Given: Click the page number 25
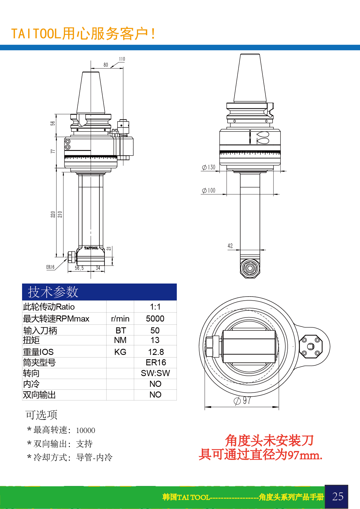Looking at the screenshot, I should [x=338, y=497].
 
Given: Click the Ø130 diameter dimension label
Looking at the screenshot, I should [x=209, y=167].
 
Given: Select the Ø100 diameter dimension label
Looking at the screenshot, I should [x=209, y=190].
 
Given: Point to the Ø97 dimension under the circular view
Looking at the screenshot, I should [x=242, y=401].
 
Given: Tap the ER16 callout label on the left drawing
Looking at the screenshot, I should [x=50, y=267].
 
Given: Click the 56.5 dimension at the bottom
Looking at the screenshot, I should [x=79, y=268].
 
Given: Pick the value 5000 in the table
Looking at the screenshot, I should [x=155, y=319].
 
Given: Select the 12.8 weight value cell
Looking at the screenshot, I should [x=156, y=352].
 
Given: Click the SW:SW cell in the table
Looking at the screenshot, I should [x=155, y=373].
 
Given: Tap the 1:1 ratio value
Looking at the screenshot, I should [x=155, y=307].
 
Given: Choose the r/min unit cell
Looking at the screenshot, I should [x=120, y=319].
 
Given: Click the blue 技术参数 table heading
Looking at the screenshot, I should [x=53, y=292].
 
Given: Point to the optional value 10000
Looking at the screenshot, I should [x=86, y=430].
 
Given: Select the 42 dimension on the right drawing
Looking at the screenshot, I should [x=230, y=246].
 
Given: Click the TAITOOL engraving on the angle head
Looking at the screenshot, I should [x=91, y=248].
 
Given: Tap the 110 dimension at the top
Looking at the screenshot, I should [x=122, y=59].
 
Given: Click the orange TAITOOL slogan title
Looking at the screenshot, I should [x=84, y=34].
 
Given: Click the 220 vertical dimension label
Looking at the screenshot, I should [x=53, y=214].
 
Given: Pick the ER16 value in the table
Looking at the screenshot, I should [x=156, y=362].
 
